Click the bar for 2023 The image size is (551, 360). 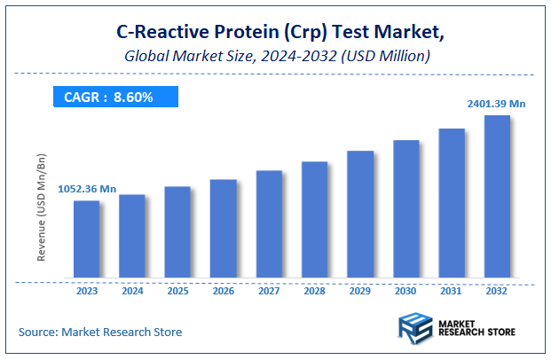86,239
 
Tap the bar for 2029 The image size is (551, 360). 360,215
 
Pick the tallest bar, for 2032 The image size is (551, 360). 497,197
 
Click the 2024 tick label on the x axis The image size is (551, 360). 132,290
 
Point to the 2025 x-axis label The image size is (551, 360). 177,290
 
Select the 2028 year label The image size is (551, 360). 315,290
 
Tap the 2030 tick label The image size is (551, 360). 405,290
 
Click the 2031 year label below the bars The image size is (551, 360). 452,290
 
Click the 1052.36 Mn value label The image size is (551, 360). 87,189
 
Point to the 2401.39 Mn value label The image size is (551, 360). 497,104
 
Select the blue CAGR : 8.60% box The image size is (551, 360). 108,97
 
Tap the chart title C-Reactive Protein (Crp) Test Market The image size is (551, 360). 276,33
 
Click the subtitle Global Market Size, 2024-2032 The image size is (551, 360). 276,56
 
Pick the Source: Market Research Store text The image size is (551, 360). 100,332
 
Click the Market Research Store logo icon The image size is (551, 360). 414,328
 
